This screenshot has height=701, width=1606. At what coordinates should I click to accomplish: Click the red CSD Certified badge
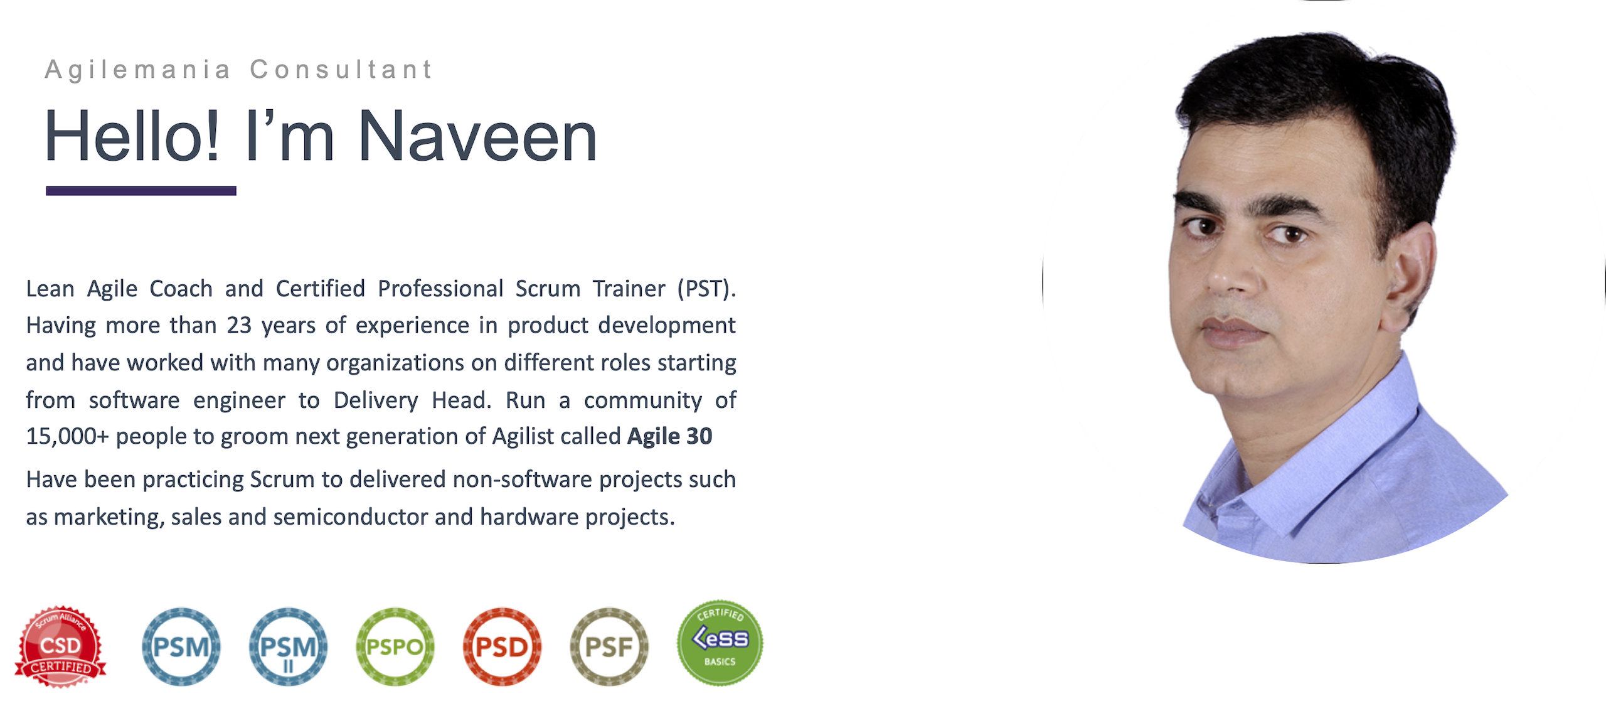(x=61, y=646)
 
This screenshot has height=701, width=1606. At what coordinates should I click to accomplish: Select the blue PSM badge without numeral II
(x=181, y=646)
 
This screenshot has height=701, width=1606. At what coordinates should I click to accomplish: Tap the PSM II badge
(x=288, y=646)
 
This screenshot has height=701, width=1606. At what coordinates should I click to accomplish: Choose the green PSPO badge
(x=395, y=646)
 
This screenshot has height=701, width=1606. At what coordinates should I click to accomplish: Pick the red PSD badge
(x=503, y=646)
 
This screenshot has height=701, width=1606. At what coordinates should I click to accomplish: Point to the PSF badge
(x=609, y=646)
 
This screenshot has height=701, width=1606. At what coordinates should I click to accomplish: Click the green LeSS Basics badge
(x=720, y=642)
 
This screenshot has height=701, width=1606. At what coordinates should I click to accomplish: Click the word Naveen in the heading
(x=477, y=137)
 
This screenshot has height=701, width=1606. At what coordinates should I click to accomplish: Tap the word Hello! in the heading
(x=132, y=136)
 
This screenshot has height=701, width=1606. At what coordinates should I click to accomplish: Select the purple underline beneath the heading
(x=141, y=191)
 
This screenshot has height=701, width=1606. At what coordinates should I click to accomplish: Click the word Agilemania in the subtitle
(x=138, y=70)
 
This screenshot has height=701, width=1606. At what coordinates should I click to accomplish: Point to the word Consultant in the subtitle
(x=341, y=69)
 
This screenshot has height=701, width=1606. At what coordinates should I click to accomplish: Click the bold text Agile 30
(x=670, y=436)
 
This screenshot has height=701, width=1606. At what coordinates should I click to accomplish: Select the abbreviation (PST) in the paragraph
(x=706, y=289)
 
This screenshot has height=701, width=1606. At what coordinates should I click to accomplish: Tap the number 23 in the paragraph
(x=239, y=325)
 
